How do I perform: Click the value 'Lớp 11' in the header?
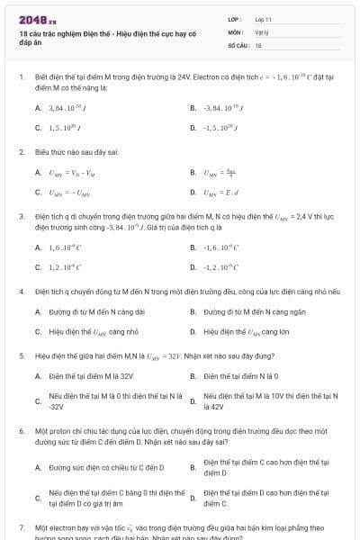click(264, 18)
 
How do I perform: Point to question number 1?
click(20, 78)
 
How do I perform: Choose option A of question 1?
click(63, 108)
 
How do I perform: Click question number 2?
click(20, 152)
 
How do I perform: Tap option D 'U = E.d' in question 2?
click(217, 193)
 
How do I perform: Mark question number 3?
click(20, 217)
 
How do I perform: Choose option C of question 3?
click(64, 267)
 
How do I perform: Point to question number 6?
click(20, 432)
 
